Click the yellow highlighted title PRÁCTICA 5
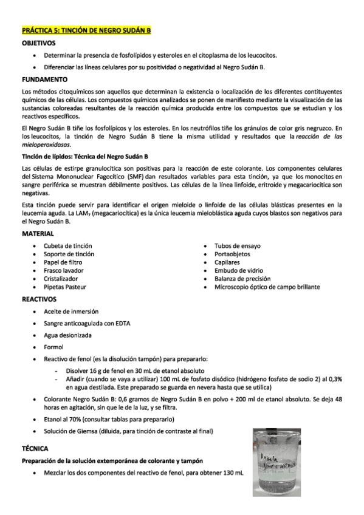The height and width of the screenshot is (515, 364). (86, 30)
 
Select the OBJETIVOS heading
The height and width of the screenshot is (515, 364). (39, 43)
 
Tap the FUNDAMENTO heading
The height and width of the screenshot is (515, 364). (44, 80)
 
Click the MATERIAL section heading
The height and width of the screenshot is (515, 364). (38, 234)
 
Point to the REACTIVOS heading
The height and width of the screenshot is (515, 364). (39, 299)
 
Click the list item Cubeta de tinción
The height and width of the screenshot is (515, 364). (67, 245)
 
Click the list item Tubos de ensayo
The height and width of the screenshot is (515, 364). (238, 245)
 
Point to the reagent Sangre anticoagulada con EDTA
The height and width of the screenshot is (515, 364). (87, 322)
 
